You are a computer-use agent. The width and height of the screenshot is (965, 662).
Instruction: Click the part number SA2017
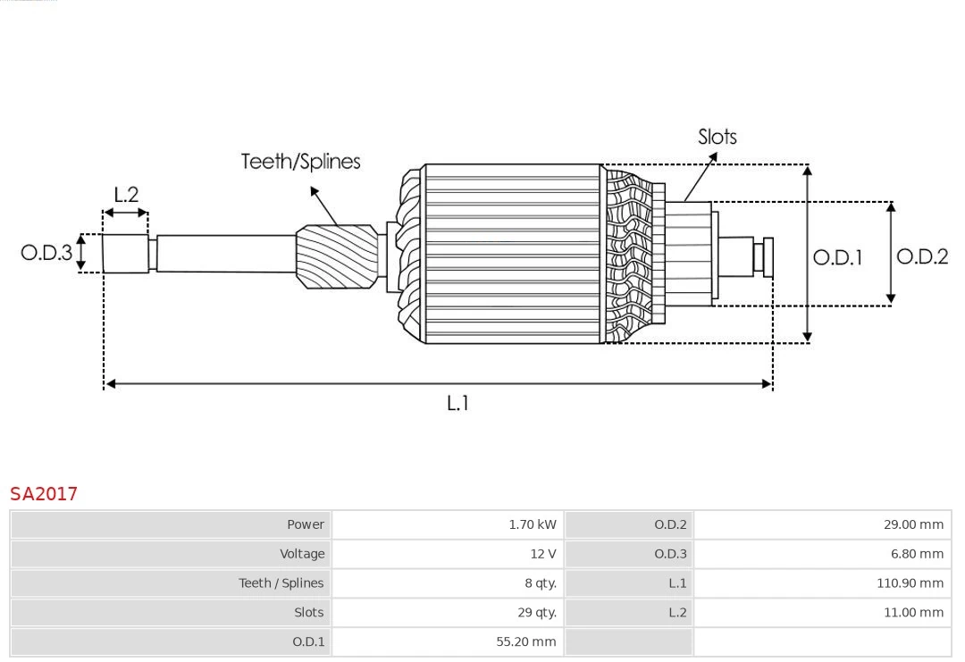coord(44,493)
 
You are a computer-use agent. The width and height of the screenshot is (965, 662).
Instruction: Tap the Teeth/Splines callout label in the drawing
coord(300,162)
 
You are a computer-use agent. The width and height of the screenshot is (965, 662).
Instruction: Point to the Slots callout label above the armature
coord(717,137)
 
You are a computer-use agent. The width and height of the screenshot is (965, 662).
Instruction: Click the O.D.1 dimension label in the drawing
coord(837,258)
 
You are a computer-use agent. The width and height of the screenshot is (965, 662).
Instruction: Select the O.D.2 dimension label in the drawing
coord(922,257)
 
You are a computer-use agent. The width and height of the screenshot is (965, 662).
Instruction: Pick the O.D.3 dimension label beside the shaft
coord(46,253)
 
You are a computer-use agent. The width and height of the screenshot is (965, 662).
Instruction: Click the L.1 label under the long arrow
coord(457,404)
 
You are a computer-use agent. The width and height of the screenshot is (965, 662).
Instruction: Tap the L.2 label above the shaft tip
coord(126,195)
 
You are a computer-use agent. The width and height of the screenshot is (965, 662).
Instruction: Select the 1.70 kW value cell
coord(532,524)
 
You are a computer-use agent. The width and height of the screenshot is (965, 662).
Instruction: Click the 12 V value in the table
coord(542,554)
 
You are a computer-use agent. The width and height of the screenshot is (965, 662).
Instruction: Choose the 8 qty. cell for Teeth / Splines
coord(540,583)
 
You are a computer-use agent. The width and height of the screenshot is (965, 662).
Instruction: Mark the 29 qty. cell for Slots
coord(536,613)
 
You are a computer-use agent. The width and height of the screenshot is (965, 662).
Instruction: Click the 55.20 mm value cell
coord(525,641)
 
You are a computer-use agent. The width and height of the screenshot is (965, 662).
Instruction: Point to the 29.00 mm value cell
coord(913,524)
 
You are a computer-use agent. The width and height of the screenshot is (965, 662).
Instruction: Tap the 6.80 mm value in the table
coord(916,554)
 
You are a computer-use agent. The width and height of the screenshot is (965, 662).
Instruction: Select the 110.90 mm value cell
coord(910,583)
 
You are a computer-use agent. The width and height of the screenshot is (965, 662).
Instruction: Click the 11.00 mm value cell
coord(913,613)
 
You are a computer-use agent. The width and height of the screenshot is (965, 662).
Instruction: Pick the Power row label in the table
coord(306,524)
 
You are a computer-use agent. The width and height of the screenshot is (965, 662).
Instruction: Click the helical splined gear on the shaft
coord(337,256)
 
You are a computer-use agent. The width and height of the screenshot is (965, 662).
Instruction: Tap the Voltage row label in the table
coord(302,554)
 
